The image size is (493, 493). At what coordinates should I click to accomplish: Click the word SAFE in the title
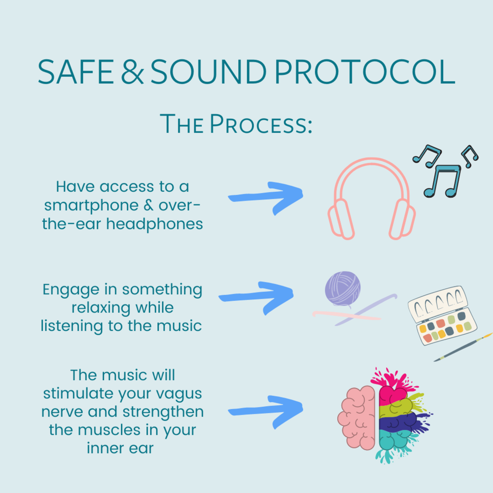pyautogui.click(x=79, y=72)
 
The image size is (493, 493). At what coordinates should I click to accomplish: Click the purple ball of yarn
pyautogui.click(x=343, y=287)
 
